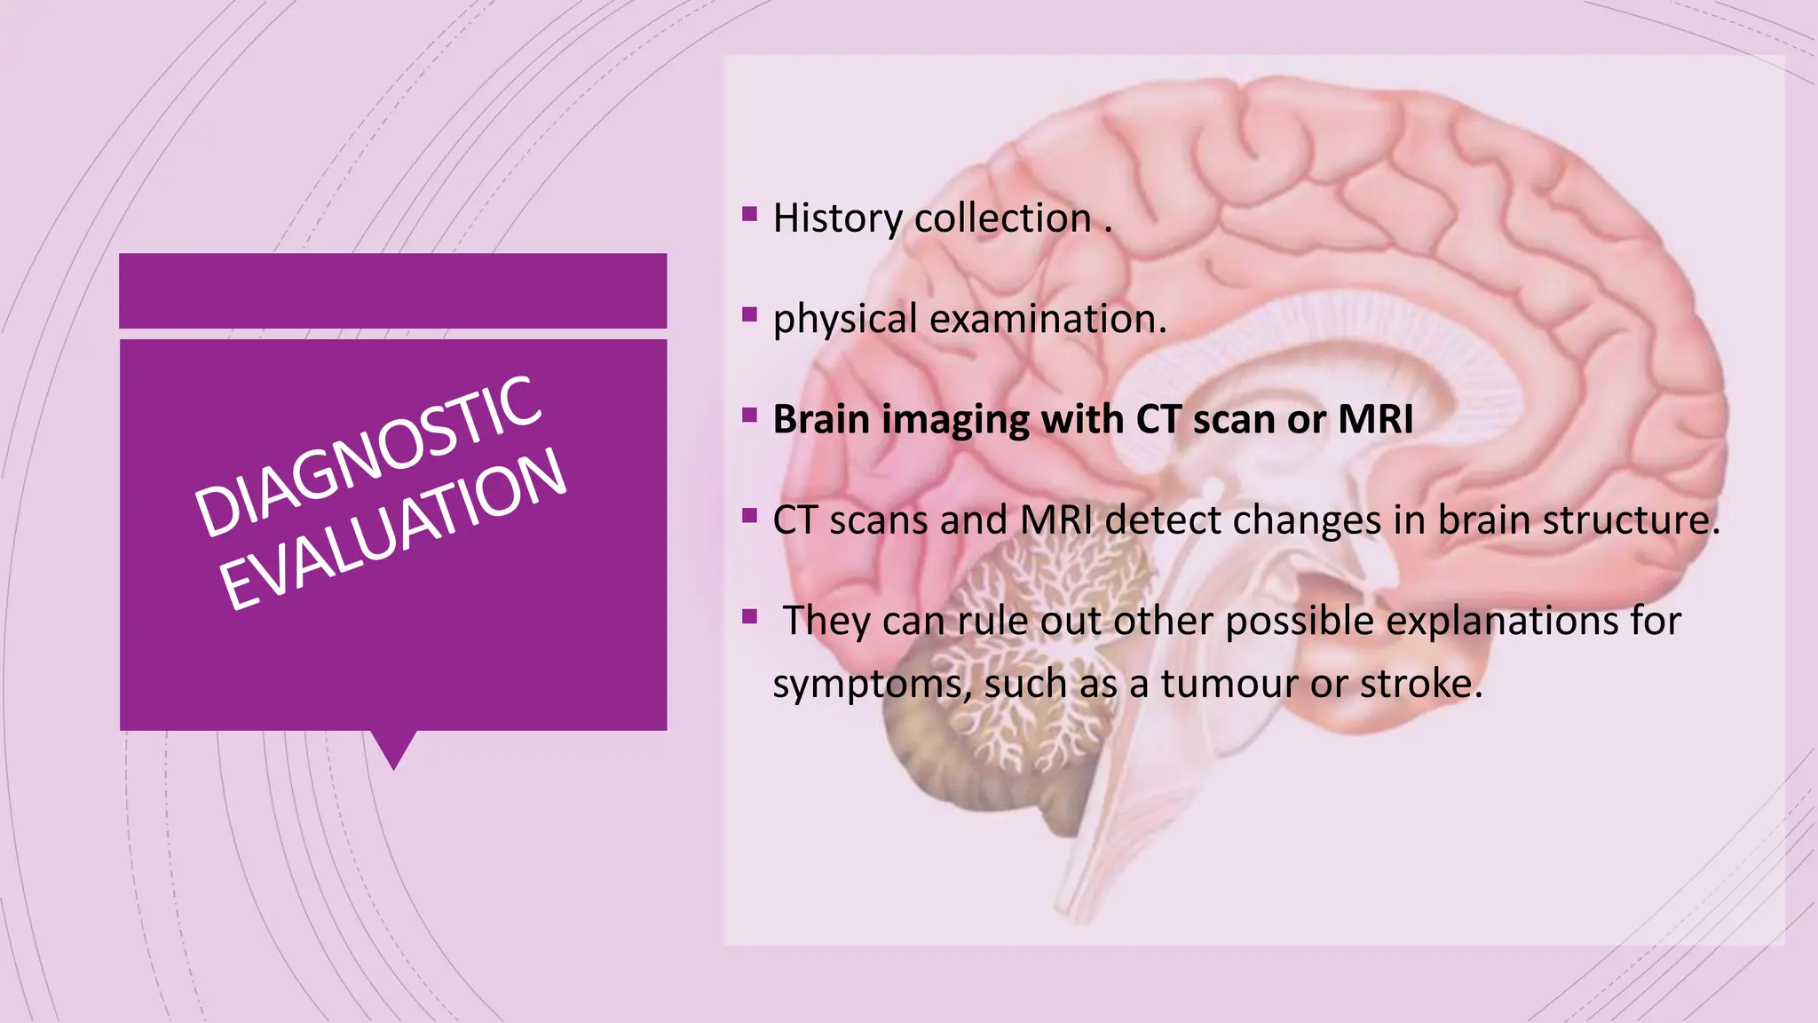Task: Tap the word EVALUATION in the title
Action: click(x=392, y=529)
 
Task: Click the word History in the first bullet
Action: click(x=837, y=218)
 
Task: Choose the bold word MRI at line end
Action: click(x=1375, y=419)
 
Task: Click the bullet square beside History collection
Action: click(x=750, y=214)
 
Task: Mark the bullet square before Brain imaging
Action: click(x=750, y=415)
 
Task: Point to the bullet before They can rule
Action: click(x=750, y=615)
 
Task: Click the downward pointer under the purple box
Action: click(x=393, y=749)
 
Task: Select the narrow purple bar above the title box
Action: click(x=392, y=290)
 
